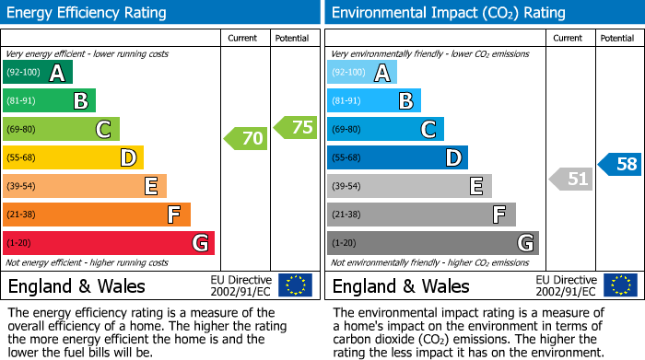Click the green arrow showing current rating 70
click(246, 139)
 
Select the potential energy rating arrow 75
click(296, 128)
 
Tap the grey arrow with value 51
click(570, 179)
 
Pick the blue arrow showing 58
click(620, 165)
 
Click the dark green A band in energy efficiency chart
click(38, 73)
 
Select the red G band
click(109, 243)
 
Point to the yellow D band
click(73, 158)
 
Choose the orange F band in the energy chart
click(97, 215)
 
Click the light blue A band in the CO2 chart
click(362, 73)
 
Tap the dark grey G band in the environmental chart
click(432, 243)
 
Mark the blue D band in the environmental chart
click(397, 158)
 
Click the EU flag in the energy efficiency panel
click(295, 285)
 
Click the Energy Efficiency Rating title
click(88, 13)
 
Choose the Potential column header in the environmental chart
click(616, 38)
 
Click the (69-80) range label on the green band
click(22, 130)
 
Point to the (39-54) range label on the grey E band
click(346, 187)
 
